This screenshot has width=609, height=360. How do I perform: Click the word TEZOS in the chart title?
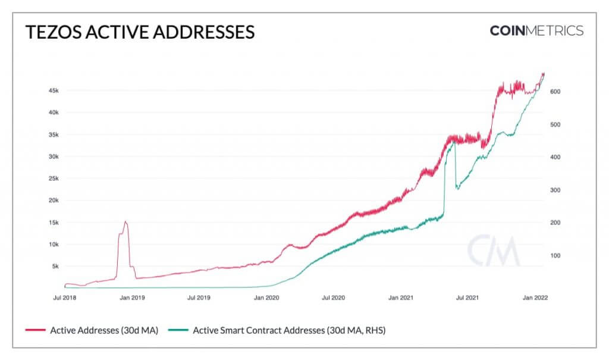[x=54, y=32]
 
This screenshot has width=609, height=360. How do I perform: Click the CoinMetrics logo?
[x=536, y=31]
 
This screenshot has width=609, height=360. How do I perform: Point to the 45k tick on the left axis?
[x=54, y=90]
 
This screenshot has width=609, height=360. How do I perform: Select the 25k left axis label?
[x=54, y=179]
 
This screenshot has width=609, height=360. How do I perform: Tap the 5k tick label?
[x=55, y=267]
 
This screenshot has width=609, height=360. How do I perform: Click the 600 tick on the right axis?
[x=555, y=92]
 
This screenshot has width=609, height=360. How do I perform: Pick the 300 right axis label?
[x=555, y=190]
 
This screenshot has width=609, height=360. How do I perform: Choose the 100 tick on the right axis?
[x=555, y=255]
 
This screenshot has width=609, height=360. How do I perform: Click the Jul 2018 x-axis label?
[x=64, y=298]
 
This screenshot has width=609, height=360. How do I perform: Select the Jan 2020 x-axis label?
[x=266, y=298]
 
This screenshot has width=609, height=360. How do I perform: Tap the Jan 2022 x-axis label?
[x=535, y=298]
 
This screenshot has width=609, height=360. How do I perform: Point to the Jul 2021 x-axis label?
[x=467, y=298]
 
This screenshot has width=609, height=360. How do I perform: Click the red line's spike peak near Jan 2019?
[x=125, y=221]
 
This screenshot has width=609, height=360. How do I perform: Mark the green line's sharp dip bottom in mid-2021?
[x=457, y=189]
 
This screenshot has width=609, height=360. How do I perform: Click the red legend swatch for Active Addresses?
[x=35, y=330]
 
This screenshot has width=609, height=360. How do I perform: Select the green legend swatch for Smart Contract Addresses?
[x=178, y=330]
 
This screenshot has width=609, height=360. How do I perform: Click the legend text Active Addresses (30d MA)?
[x=104, y=330]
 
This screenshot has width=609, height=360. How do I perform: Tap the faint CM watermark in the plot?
[x=493, y=251]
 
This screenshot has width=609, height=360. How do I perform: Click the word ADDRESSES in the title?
[x=203, y=32]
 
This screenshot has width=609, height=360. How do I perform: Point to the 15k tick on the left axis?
[x=54, y=223]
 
